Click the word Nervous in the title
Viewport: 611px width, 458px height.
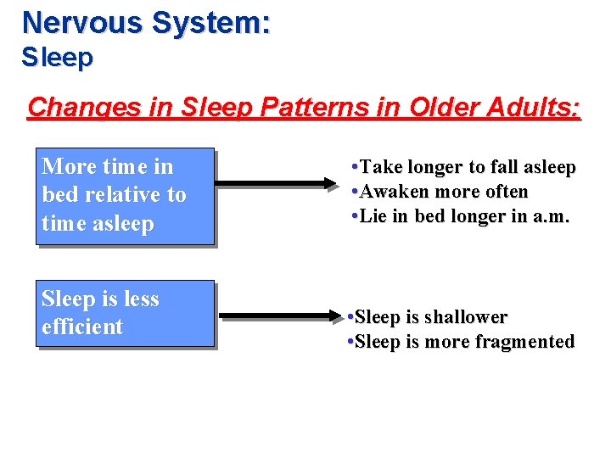tap(82, 22)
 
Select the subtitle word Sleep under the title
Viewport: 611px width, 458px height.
tap(58, 58)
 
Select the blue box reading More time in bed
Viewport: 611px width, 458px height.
tap(125, 196)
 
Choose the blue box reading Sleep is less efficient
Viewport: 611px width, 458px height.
tap(125, 313)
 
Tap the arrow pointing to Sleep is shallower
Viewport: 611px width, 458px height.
tap(280, 318)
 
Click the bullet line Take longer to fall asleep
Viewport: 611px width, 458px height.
tap(463, 167)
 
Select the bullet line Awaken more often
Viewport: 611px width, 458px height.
tap(440, 192)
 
